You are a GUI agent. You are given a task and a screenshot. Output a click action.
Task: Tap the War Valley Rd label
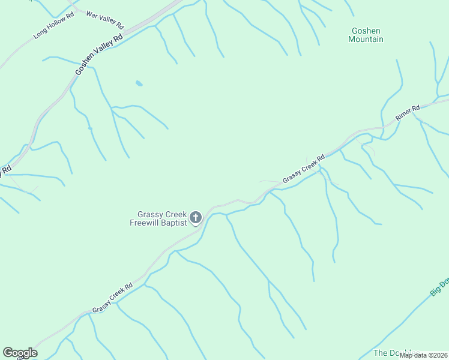point(105,20)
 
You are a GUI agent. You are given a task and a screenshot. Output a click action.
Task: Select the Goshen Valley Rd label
point(99,55)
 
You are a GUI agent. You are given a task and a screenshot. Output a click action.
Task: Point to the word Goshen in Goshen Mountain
point(366,31)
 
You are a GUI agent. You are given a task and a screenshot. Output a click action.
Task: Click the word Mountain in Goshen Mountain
point(366,40)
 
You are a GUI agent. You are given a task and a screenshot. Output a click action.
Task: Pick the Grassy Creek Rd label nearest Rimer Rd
point(304,168)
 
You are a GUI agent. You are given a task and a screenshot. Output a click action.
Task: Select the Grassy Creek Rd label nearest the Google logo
point(112,298)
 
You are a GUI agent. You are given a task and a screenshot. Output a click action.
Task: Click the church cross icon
point(196,217)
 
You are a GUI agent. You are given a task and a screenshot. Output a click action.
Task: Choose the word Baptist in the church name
point(175,223)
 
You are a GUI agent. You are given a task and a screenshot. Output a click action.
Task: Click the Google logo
point(20,353)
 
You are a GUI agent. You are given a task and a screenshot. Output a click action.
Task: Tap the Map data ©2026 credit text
point(423,355)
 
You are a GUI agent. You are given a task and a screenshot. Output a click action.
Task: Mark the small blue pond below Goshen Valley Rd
point(139,83)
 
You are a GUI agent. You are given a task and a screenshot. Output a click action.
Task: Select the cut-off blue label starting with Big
point(440,286)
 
